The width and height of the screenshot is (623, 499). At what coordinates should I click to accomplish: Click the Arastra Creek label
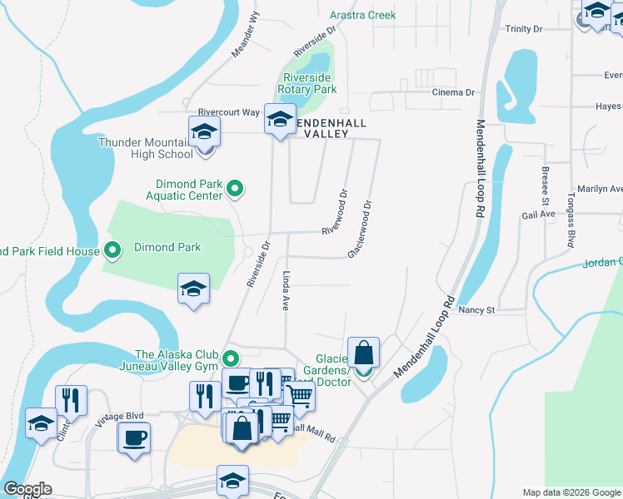[x=362, y=15]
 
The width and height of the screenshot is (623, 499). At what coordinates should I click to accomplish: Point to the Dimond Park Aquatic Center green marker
[x=235, y=189]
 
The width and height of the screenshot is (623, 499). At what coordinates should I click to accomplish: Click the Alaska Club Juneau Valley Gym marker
[x=231, y=359]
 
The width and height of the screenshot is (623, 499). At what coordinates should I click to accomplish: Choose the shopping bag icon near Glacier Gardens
[x=364, y=352]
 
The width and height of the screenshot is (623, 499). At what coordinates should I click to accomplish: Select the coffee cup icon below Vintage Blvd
[x=134, y=437]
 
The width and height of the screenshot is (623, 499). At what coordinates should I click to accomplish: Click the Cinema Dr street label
[x=453, y=92]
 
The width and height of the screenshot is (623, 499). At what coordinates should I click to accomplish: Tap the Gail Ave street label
[x=538, y=214]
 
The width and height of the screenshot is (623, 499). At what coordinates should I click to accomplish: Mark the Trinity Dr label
[x=524, y=29]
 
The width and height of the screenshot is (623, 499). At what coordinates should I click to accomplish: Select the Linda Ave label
[x=285, y=290]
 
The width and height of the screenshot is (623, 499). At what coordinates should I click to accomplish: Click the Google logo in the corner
[x=27, y=489]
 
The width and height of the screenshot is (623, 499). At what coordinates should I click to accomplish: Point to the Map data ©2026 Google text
[x=571, y=492]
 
